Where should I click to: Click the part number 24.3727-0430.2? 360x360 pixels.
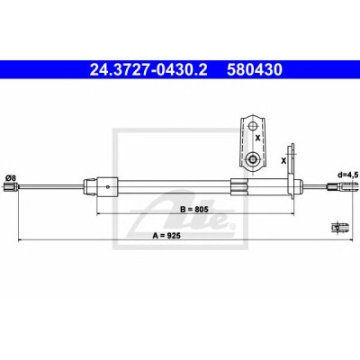tap(148, 69)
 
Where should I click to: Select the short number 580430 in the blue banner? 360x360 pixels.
tap(255, 69)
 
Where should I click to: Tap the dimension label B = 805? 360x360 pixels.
tap(194, 210)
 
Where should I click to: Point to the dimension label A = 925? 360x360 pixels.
tap(166, 236)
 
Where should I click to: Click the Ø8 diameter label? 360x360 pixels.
tap(10, 178)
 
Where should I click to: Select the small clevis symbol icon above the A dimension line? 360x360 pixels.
tap(339, 227)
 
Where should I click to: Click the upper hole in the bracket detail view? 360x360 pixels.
tap(252, 126)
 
